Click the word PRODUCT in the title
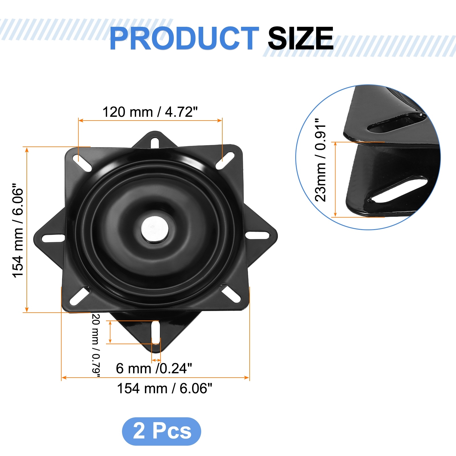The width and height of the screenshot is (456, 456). click(184, 38)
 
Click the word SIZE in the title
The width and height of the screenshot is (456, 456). click(301, 38)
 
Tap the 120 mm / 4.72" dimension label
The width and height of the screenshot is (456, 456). click(150, 112)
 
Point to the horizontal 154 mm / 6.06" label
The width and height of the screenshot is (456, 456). click(165, 388)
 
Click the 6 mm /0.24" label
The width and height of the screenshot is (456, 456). click(154, 369)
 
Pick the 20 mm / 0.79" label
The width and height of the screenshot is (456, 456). click(96, 345)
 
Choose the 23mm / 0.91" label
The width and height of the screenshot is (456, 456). click(320, 160)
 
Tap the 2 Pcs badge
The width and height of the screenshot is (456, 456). click(162, 431)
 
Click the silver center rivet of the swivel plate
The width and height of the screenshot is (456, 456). click(155, 230)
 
